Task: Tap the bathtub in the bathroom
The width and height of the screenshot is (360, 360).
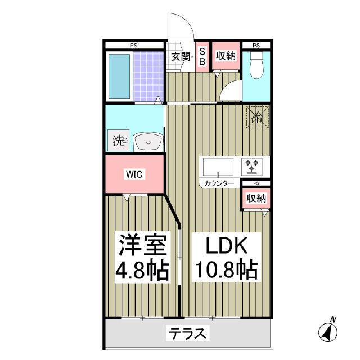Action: click(x=119, y=76)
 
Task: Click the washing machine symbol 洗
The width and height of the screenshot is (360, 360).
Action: click(x=119, y=139)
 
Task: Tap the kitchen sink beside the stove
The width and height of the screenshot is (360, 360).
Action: click(x=218, y=167)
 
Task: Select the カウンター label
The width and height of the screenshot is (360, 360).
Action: click(x=219, y=183)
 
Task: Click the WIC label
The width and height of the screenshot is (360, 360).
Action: click(x=134, y=174)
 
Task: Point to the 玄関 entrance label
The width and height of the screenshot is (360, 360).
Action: click(x=180, y=56)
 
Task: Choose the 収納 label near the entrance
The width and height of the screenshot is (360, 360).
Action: click(x=225, y=56)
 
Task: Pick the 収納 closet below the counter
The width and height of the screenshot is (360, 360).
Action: click(x=256, y=198)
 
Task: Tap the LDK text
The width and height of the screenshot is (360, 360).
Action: click(x=225, y=246)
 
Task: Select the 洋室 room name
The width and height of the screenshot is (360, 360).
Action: click(x=142, y=246)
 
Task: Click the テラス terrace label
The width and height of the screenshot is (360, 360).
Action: click(x=187, y=334)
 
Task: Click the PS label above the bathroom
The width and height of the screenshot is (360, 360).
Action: click(x=134, y=45)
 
